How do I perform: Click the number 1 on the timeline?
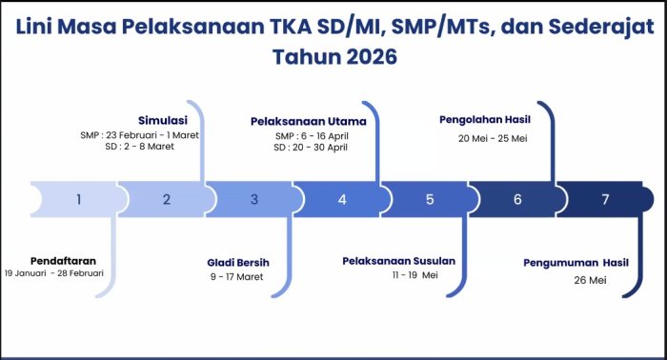coord(79,199)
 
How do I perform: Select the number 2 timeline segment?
coord(167,199)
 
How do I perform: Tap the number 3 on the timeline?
coord(254,199)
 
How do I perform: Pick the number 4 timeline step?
coord(342,199)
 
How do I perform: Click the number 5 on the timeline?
coord(430,199)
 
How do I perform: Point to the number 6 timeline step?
coord(517,199)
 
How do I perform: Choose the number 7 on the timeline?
coord(604,199)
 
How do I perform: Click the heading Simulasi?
coord(162,121)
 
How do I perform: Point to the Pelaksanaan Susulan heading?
coord(398,260)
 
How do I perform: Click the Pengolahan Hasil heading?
coord(484,120)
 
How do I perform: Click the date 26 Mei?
coord(591,281)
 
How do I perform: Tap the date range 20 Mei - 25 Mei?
coord(493,138)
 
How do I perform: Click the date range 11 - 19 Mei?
coord(414,275)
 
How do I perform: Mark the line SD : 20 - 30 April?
coord(311,148)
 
